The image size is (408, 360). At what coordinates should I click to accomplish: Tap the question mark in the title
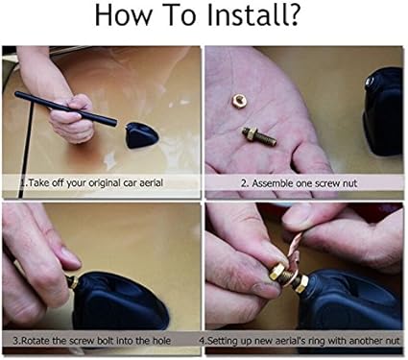pyautogui.click(x=292, y=15)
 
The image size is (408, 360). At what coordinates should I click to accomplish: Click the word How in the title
pyautogui.click(x=123, y=15)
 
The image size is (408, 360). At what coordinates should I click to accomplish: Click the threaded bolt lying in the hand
pyautogui.click(x=258, y=135)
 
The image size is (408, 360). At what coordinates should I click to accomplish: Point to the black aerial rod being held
pyautogui.click(x=66, y=108)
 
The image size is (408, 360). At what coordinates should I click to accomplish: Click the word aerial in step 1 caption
pyautogui.click(x=151, y=182)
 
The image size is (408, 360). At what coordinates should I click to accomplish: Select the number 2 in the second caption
pyautogui.click(x=244, y=183)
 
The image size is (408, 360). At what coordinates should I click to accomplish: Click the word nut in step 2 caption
pyautogui.click(x=350, y=183)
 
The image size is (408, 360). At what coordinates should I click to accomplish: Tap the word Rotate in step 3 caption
pyautogui.click(x=36, y=341)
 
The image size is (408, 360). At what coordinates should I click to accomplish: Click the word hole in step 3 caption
pyautogui.click(x=161, y=341)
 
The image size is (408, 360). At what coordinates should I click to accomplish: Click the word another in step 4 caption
pyautogui.click(x=367, y=341)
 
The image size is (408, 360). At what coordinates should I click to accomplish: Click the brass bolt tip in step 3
pyautogui.click(x=72, y=282)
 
